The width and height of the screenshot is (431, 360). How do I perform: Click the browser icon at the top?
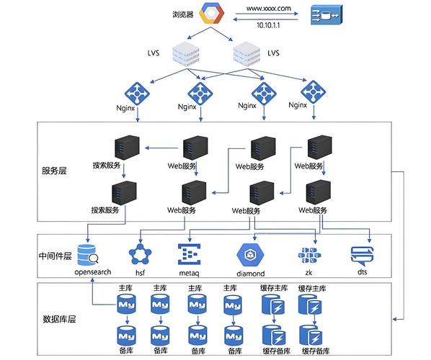(213, 14)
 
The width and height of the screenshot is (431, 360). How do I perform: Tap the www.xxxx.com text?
(268, 9)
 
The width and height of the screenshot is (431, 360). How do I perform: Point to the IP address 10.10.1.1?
(268, 24)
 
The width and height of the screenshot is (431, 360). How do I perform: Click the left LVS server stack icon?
(185, 53)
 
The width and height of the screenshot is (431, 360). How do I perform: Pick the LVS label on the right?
(273, 53)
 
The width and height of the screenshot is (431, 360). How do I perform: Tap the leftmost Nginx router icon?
(137, 92)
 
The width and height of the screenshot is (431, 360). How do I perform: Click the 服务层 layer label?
(54, 171)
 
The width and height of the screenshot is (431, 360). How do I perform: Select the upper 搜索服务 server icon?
(123, 149)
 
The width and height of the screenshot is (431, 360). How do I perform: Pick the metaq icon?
(189, 255)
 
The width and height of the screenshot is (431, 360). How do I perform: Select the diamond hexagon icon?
(250, 255)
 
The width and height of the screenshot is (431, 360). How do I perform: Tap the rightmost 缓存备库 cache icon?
(314, 336)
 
